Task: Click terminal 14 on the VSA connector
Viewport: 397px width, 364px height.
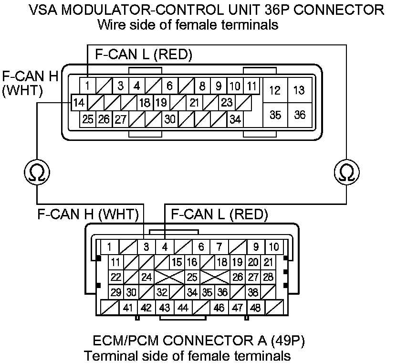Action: click(80, 102)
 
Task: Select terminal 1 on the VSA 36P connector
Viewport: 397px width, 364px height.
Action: click(88, 86)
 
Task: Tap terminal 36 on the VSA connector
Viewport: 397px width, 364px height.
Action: click(300, 115)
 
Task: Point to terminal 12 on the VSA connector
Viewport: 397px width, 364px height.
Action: click(275, 91)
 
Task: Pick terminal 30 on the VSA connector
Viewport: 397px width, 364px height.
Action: click(170, 119)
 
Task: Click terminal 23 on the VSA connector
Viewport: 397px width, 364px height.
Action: click(227, 102)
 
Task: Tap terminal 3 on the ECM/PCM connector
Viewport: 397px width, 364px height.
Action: click(146, 247)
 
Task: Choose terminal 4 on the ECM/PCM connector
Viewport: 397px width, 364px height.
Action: click(164, 247)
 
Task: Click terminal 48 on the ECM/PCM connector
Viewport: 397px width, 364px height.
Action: click(255, 308)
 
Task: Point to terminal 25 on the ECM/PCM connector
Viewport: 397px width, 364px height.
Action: click(192, 277)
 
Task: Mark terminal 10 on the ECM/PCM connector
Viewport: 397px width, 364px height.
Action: click(274, 247)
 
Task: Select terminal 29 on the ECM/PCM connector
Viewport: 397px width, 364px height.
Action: click(115, 292)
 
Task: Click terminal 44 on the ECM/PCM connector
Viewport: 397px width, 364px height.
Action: click(183, 308)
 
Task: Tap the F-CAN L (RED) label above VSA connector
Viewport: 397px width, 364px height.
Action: click(144, 55)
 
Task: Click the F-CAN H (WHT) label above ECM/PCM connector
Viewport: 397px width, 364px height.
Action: click(88, 214)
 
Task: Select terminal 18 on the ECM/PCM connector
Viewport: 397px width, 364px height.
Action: click(222, 262)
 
